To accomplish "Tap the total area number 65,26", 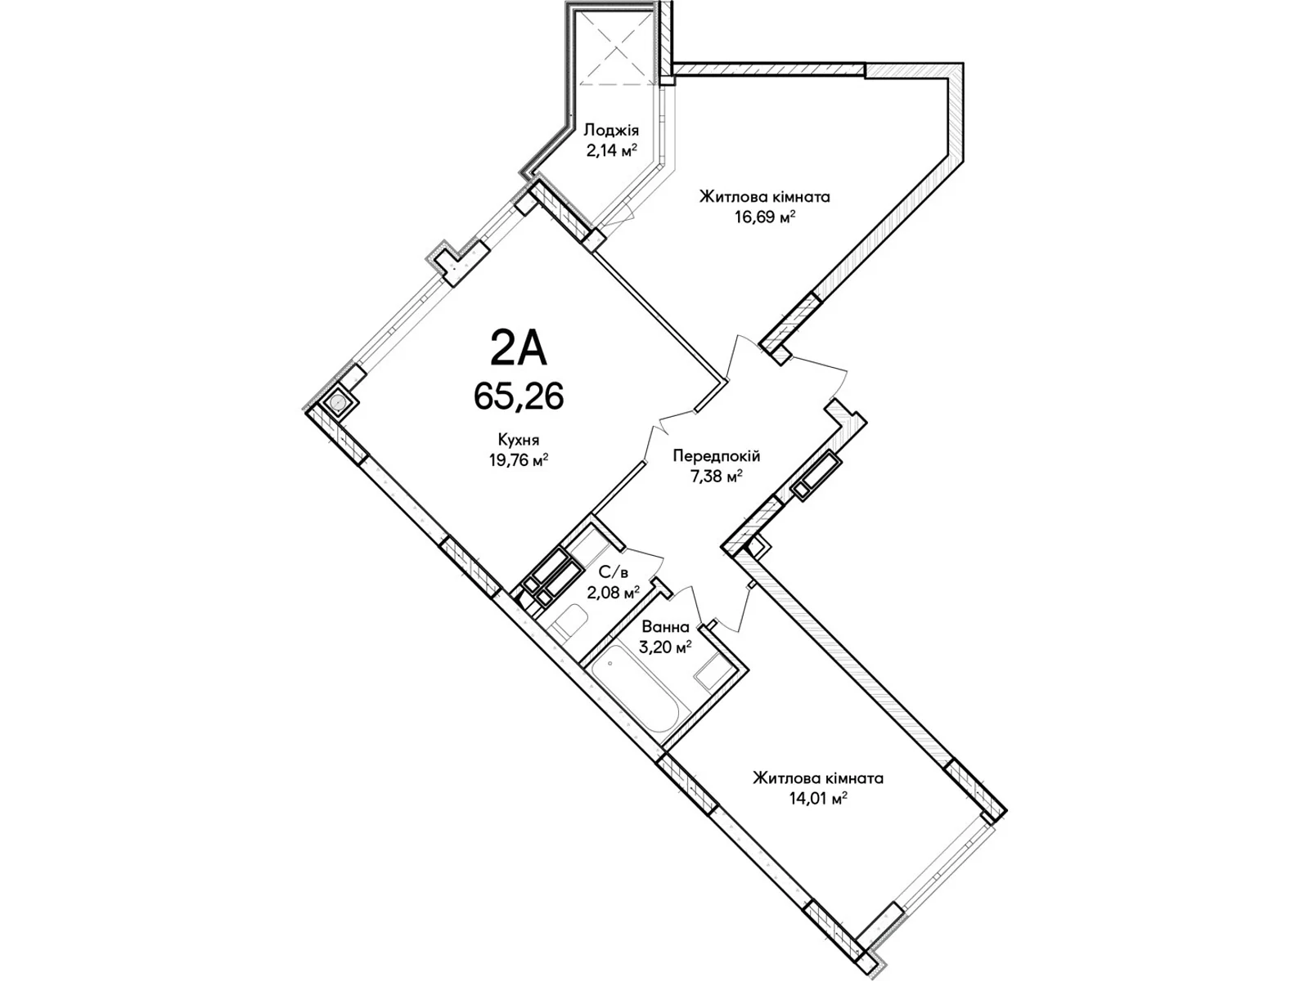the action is tap(518, 396).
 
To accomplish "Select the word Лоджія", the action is tap(611, 131).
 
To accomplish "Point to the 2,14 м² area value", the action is tap(611, 150).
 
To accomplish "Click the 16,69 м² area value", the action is tap(765, 217).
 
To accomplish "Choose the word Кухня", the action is tap(519, 440).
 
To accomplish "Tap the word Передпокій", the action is tap(716, 456).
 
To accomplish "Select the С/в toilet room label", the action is tap(614, 572).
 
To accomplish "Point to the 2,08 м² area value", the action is tap(614, 592).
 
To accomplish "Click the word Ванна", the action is tap(665, 627).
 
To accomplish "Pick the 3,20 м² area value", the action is tap(665, 647).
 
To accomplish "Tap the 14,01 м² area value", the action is tap(818, 799).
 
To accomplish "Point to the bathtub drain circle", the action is tap(610, 662).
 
